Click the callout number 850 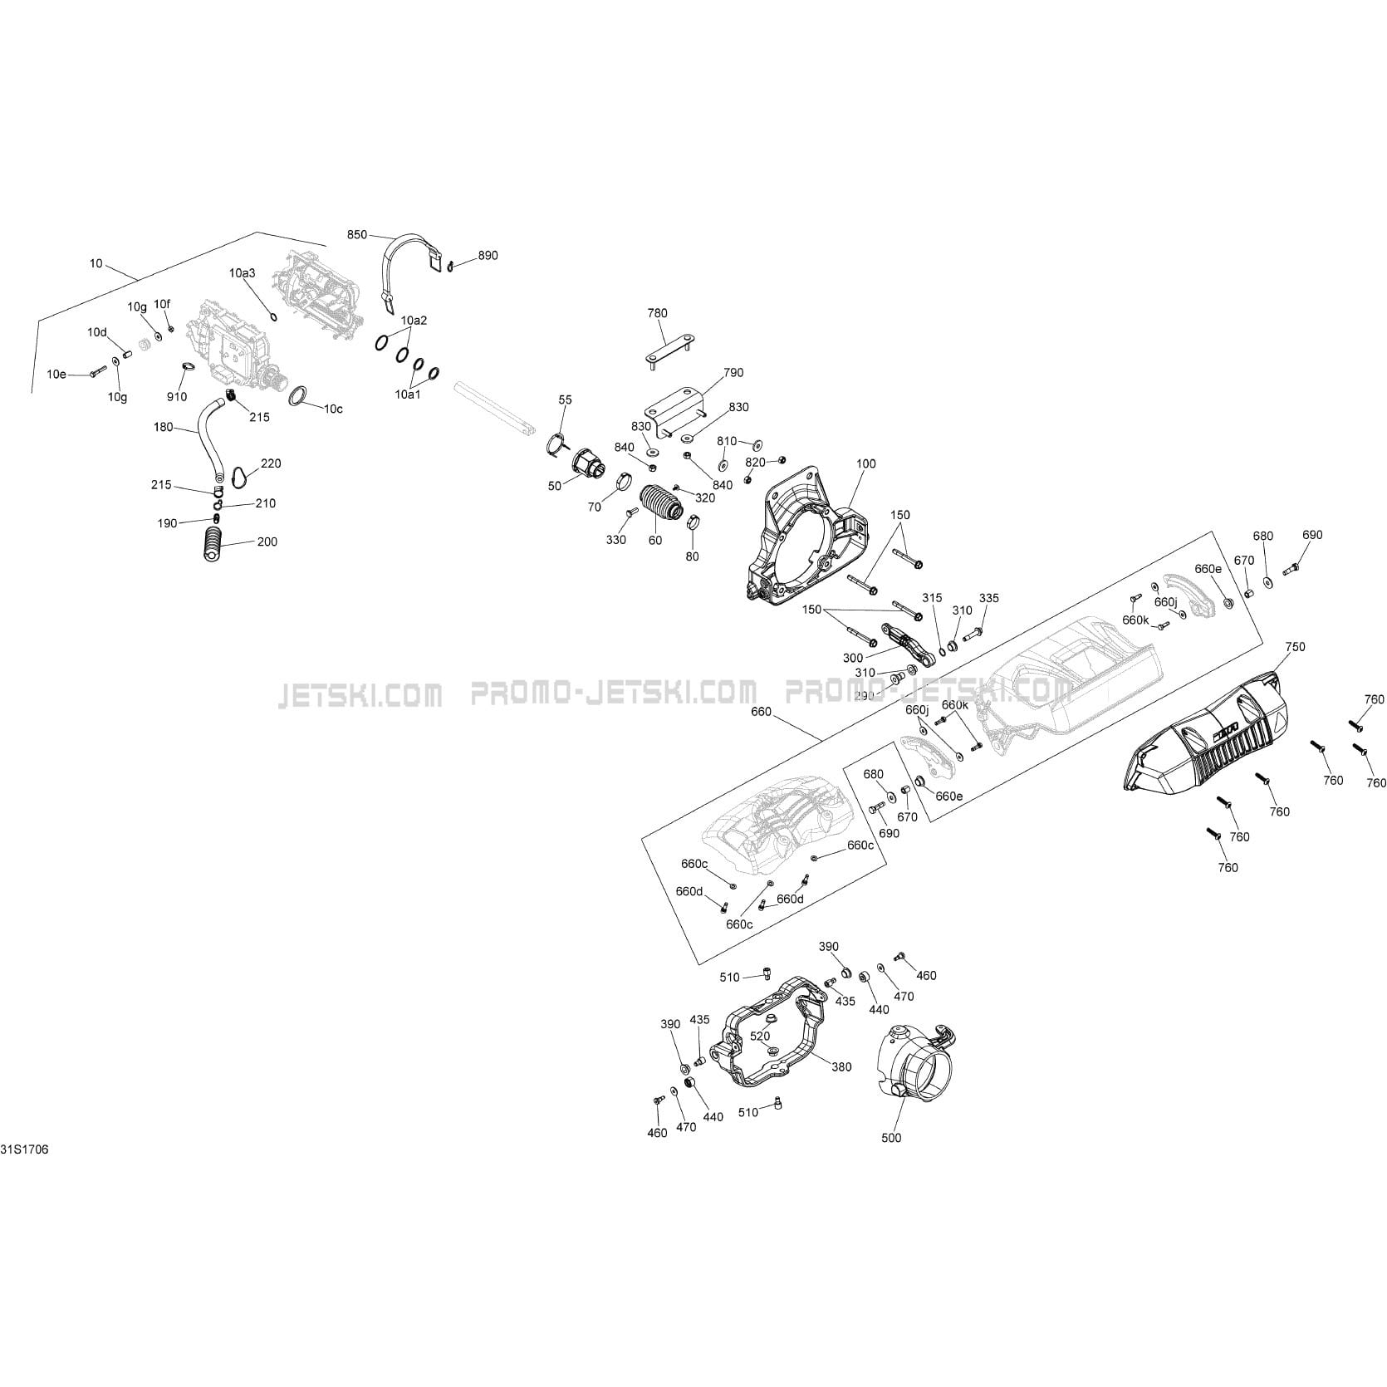pos(356,235)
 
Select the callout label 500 pos(891,1137)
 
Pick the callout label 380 pos(841,1067)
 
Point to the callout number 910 pos(177,397)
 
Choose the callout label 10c pos(333,409)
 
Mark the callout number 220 pos(271,463)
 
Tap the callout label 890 pos(488,255)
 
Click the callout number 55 pos(565,399)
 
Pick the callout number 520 pos(760,1036)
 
